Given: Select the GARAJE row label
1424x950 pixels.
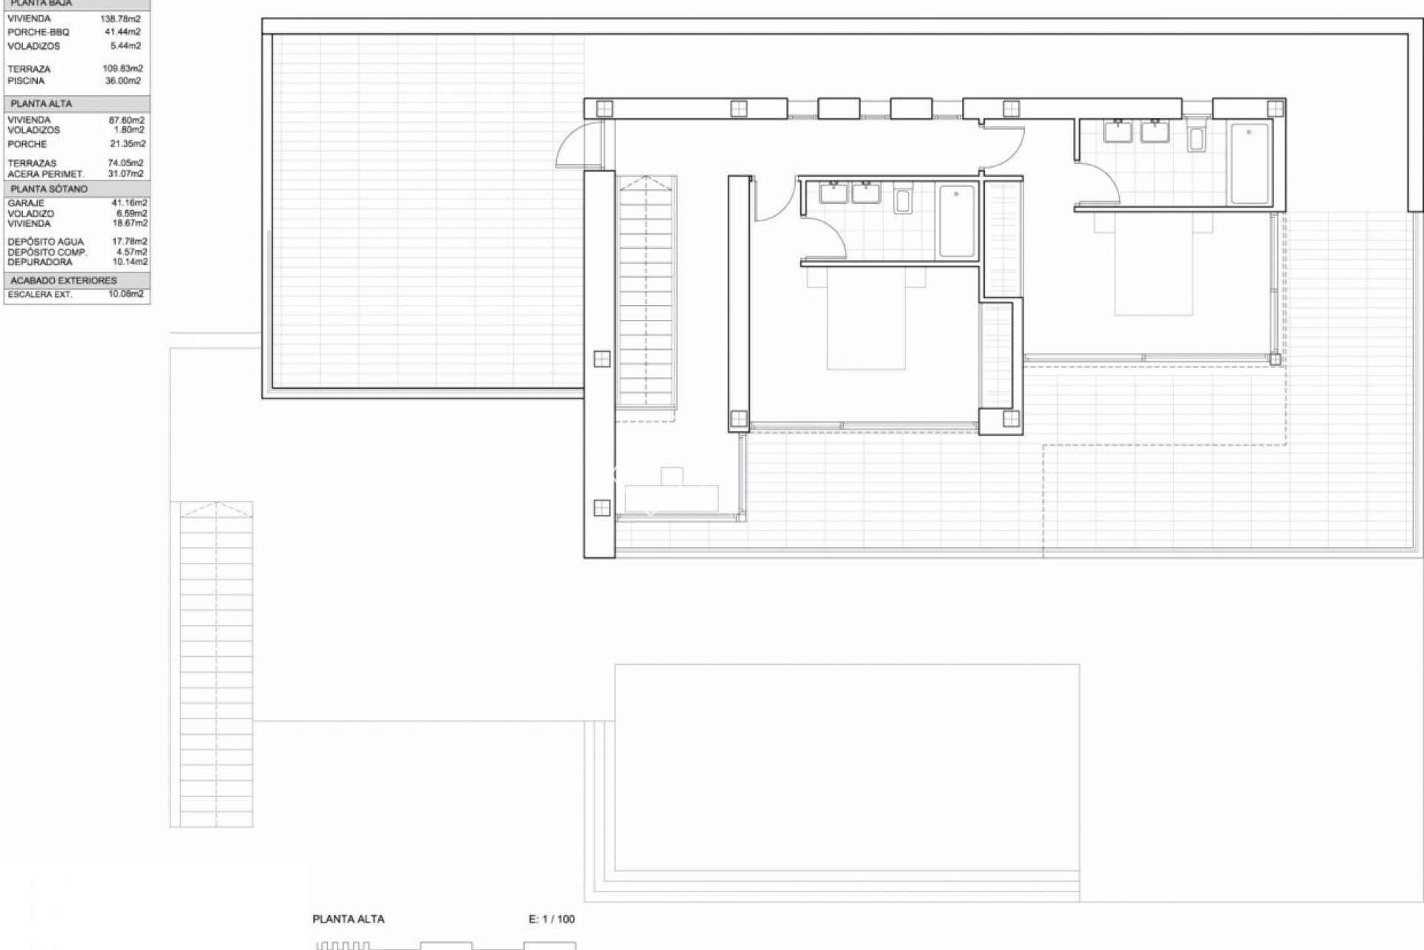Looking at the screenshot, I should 26,203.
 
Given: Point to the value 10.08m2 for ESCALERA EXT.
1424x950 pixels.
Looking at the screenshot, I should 125,295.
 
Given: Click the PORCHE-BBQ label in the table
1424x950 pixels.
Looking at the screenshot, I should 38,32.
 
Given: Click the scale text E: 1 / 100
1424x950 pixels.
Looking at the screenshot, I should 551,919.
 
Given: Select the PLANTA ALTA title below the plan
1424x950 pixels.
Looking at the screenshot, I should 349,919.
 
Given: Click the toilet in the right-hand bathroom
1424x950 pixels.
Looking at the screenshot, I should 1196,137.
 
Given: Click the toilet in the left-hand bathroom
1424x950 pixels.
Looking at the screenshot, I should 903,200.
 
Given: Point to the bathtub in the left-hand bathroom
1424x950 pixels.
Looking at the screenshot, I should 957,221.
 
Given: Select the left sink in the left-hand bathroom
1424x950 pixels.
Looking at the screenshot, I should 834,194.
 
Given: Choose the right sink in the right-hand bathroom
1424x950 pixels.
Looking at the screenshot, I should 1156,132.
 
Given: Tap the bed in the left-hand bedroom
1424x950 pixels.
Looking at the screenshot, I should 866,323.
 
